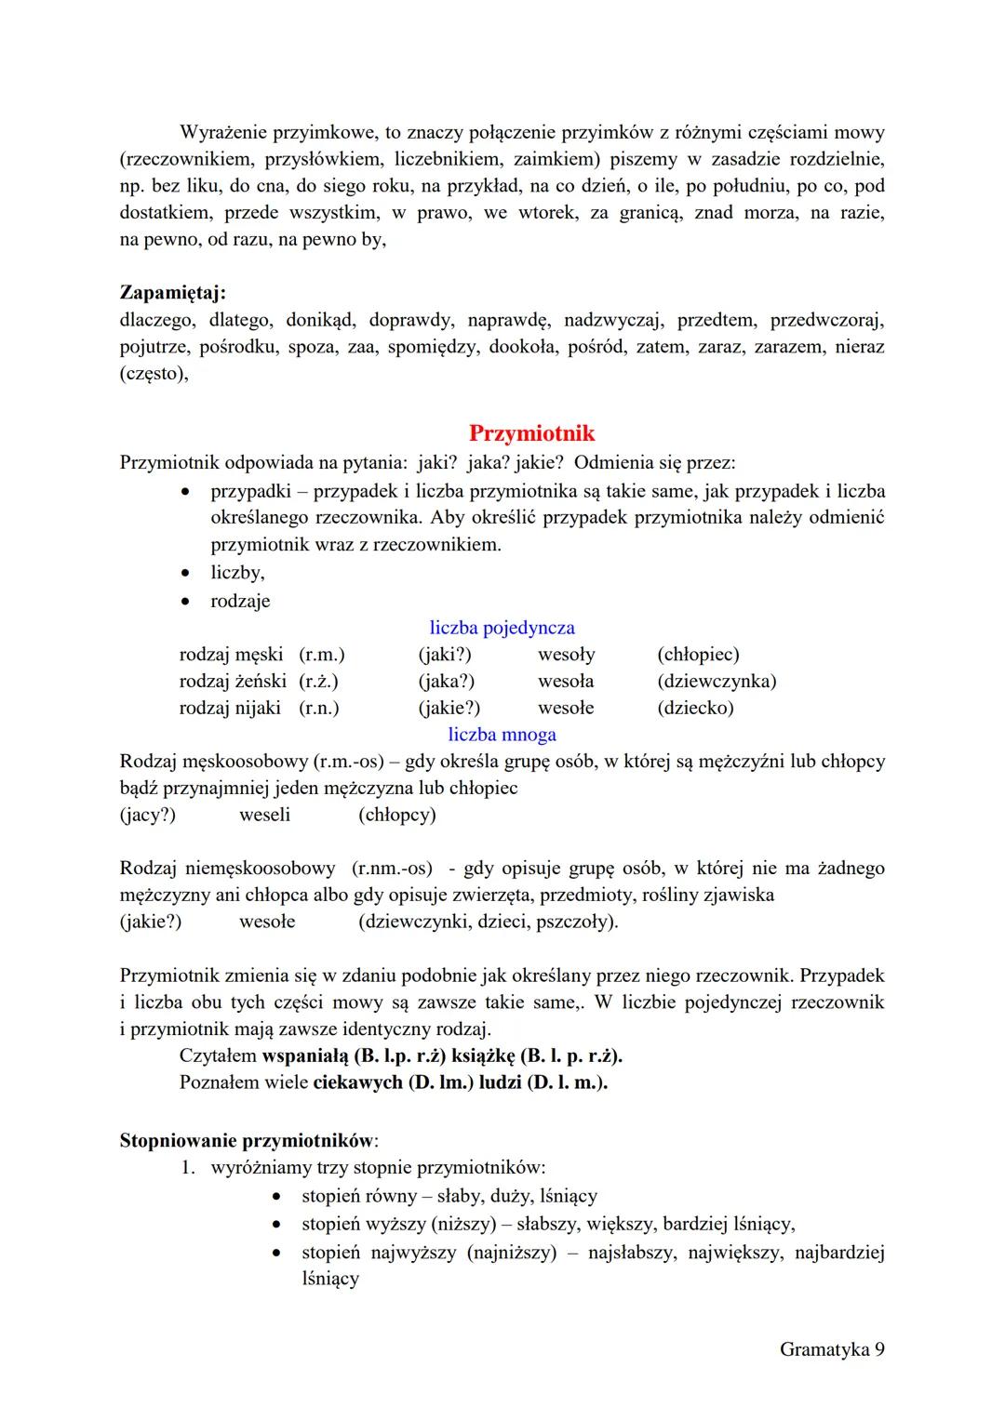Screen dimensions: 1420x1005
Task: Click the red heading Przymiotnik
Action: (x=531, y=433)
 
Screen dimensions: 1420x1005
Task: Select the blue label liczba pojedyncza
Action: (x=502, y=628)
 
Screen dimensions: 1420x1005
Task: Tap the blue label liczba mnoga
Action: (x=502, y=735)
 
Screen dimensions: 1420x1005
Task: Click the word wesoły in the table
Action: (x=566, y=655)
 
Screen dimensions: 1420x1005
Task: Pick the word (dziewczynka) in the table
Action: (x=716, y=682)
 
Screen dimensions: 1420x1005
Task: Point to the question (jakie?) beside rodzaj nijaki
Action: (x=449, y=709)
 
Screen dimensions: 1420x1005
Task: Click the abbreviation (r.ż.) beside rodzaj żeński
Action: (x=318, y=682)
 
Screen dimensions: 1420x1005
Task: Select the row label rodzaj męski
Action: (x=231, y=655)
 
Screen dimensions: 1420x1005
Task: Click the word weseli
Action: (x=264, y=816)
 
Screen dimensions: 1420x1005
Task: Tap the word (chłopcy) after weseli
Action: (x=396, y=816)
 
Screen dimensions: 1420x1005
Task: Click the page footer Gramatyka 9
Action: (x=831, y=1349)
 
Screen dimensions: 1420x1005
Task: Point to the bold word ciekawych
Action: (x=357, y=1083)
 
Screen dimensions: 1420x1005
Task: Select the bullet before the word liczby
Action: (x=189, y=574)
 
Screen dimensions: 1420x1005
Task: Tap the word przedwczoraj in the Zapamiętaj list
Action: (x=826, y=321)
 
